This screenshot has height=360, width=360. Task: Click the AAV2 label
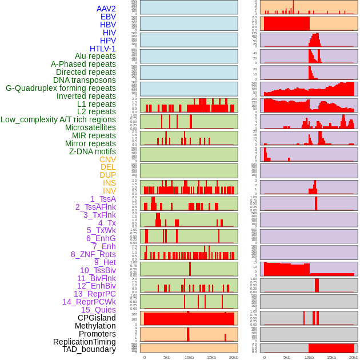[x=106, y=9]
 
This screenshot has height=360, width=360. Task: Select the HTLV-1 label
[x=103, y=49]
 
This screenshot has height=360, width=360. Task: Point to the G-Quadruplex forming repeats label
[x=61, y=88]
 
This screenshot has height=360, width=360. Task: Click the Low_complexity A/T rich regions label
[x=58, y=119]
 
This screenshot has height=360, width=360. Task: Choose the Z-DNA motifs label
[x=93, y=151]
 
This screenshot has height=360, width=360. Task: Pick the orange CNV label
[x=107, y=159]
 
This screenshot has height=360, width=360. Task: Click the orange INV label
[x=109, y=191]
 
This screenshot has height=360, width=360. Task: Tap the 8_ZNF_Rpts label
[x=93, y=254]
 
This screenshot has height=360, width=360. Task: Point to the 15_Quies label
[x=98, y=310]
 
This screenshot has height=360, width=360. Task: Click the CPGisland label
[x=97, y=318]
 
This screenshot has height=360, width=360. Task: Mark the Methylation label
[x=95, y=326]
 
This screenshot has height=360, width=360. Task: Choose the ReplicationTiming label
[x=84, y=342]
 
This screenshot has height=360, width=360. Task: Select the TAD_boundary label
[x=89, y=349]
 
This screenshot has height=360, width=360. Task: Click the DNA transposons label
[x=85, y=80]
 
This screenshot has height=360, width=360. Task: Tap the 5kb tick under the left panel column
[x=167, y=357]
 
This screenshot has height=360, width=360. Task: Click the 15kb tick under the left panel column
[x=211, y=357]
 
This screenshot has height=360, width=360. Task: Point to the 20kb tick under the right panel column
[x=354, y=357]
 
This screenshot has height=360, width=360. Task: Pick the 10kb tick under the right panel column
[x=309, y=357]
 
